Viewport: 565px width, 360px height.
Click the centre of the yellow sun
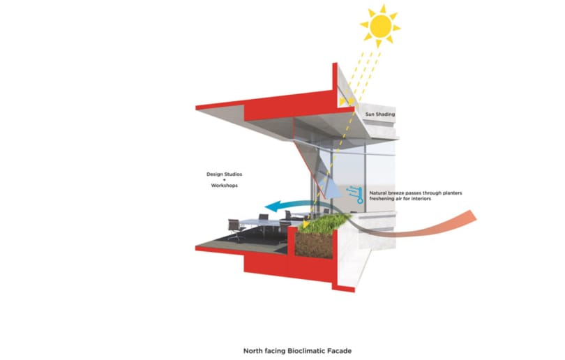click(381, 26)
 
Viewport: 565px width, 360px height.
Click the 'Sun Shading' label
click(380, 114)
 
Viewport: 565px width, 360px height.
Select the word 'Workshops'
click(224, 186)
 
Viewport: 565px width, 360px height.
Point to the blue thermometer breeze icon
click(354, 195)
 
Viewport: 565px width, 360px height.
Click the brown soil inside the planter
click(313, 245)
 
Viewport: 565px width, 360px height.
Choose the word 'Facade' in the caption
click(340, 351)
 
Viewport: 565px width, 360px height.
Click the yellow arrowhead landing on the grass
click(306, 225)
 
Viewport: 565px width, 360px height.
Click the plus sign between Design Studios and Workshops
click(224, 180)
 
